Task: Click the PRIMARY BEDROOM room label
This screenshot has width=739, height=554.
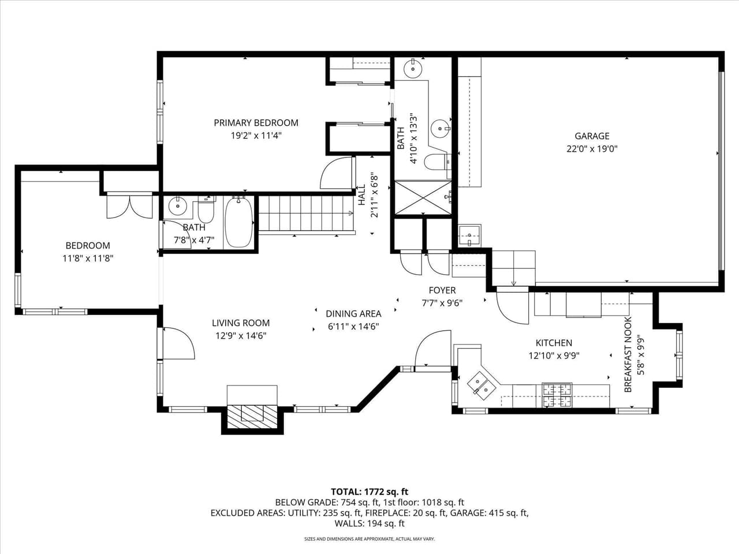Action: coord(256,123)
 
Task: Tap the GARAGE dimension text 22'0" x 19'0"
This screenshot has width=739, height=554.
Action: coord(592,149)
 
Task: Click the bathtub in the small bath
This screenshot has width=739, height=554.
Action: coord(238,222)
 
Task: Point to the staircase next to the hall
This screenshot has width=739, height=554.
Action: coord(305,214)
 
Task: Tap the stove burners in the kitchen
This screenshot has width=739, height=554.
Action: coord(557,395)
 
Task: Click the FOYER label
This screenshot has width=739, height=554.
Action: coord(442,290)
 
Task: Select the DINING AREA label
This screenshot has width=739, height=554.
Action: coord(353,314)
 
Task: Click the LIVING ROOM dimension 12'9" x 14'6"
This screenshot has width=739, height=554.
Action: coord(240,335)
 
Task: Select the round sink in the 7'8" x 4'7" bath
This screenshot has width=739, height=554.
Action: coord(177,205)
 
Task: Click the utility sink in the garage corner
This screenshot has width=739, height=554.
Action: coord(469,235)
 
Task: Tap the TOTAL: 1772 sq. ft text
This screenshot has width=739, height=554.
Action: coord(369,492)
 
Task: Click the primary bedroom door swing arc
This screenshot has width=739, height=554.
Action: coord(337,173)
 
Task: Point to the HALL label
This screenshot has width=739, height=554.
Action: coord(361,195)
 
